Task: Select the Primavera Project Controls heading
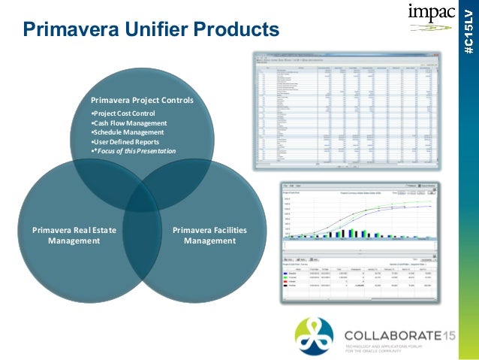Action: (142, 100)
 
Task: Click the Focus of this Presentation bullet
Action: (134, 151)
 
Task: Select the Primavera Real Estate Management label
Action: (74, 235)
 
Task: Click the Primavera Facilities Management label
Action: (209, 235)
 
